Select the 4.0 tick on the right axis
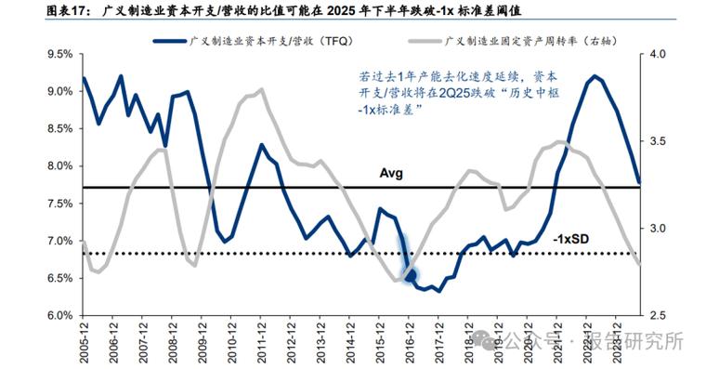[x=658, y=54]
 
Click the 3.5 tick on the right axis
[x=658, y=141]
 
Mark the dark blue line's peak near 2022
[x=592, y=77]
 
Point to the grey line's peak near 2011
[x=259, y=89]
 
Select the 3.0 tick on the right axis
[x=658, y=229]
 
